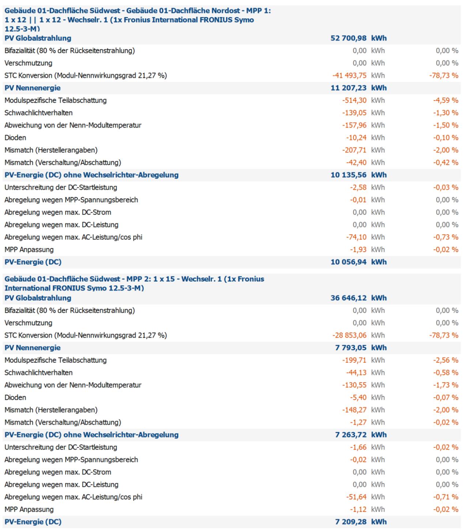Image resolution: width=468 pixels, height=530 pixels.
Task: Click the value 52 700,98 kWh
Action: tap(358, 38)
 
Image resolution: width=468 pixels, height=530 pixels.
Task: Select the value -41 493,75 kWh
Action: tap(358, 75)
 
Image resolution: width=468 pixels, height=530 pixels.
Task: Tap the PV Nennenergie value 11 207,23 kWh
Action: tap(358, 88)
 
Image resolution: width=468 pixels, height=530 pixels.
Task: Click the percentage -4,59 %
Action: tap(446, 100)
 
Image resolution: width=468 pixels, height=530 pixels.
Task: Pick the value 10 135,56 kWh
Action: tap(358, 175)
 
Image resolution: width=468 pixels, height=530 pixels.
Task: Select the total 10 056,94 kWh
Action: tap(358, 262)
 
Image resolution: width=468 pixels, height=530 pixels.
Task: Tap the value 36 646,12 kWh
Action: tap(358, 298)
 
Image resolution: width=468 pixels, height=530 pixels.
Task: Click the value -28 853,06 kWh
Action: tap(358, 335)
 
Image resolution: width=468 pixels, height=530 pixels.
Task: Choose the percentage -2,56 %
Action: tap(446, 360)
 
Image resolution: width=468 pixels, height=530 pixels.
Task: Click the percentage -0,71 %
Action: tap(446, 497)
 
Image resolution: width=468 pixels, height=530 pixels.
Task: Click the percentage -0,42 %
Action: tap(446, 162)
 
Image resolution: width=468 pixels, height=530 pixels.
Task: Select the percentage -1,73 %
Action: tap(446, 385)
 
